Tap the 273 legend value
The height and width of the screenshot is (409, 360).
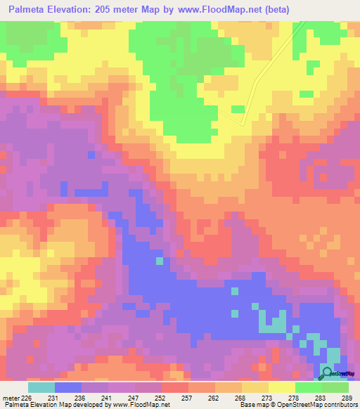point(268,398)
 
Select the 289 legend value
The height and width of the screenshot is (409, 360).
point(345,398)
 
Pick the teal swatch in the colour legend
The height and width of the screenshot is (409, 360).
point(41,387)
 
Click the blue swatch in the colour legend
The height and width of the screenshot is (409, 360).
point(67,387)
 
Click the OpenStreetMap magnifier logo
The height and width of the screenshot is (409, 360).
point(328,373)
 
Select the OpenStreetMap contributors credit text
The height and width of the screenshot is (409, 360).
point(316,405)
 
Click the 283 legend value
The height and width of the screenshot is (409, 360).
point(320,398)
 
